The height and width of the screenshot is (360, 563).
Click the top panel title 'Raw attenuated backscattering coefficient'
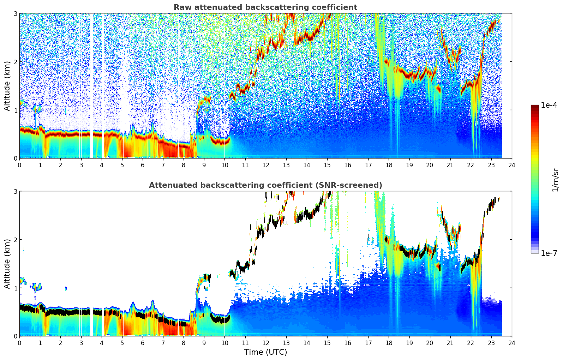(x=265, y=7)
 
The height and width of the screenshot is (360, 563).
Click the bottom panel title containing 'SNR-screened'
(x=265, y=185)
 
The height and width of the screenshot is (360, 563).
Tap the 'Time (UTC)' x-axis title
(x=265, y=352)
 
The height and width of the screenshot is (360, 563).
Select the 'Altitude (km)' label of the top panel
(x=7, y=86)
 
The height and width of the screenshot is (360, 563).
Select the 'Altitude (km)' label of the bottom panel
(x=7, y=264)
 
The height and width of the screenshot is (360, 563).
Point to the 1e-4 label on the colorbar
(x=549, y=105)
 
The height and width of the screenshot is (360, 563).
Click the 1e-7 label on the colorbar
(x=549, y=253)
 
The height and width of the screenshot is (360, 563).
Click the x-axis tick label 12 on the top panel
(x=265, y=165)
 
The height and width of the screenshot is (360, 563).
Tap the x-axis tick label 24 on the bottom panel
(x=511, y=343)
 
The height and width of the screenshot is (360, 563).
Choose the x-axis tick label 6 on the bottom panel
(x=143, y=343)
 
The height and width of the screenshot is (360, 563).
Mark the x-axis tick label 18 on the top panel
(x=389, y=165)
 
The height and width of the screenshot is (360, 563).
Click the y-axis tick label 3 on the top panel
(x=15, y=13)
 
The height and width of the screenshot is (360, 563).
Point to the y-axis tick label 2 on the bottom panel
(x=15, y=240)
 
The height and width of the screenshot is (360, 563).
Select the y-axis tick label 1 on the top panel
(x=15, y=110)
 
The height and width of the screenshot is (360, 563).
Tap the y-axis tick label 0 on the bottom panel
(x=15, y=336)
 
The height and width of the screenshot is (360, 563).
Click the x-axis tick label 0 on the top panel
(x=19, y=165)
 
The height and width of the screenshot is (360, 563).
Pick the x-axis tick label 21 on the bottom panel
(x=450, y=343)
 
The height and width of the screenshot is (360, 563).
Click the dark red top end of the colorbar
(x=534, y=107)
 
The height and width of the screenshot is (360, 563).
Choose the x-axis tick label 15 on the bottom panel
(x=327, y=343)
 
